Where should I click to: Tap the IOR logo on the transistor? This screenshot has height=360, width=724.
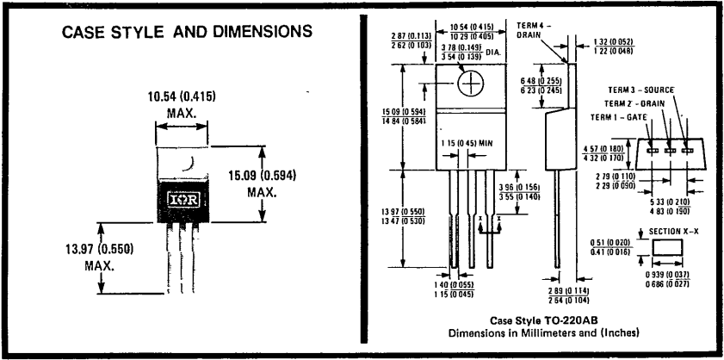(183, 198)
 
